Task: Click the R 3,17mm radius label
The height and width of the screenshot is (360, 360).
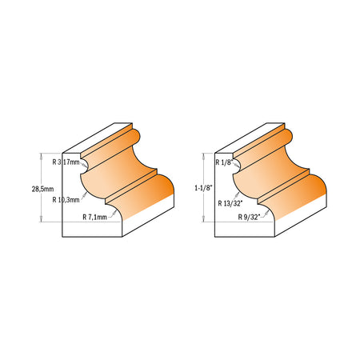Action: pyautogui.click(x=66, y=162)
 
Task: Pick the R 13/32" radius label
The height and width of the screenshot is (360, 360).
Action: pyautogui.click(x=230, y=203)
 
